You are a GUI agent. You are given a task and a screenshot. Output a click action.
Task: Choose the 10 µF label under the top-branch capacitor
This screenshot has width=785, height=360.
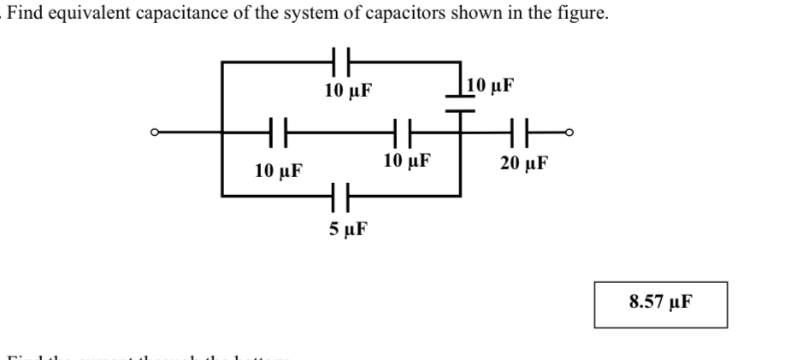(x=349, y=90)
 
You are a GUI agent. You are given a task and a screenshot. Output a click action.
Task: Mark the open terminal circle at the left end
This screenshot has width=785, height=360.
(x=154, y=133)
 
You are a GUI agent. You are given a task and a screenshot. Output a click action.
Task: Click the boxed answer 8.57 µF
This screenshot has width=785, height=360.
(x=660, y=302)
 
